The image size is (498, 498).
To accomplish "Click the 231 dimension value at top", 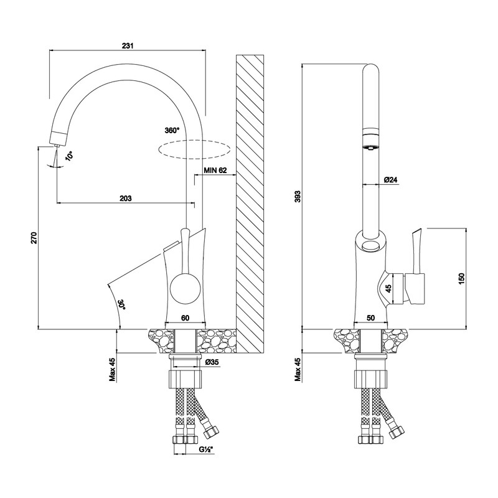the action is point(128,45).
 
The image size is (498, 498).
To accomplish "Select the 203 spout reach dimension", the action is point(126,198).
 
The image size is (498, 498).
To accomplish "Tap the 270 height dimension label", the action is point(34,238).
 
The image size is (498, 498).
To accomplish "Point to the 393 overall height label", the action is point(297,197).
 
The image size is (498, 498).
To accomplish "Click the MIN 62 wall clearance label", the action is point(215,170).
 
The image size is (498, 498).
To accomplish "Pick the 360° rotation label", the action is point(172,130).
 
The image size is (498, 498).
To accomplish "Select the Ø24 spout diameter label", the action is point(390,180).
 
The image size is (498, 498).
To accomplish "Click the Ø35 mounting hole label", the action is point(212,362).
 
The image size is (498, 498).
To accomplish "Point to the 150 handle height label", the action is point(461,278).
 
